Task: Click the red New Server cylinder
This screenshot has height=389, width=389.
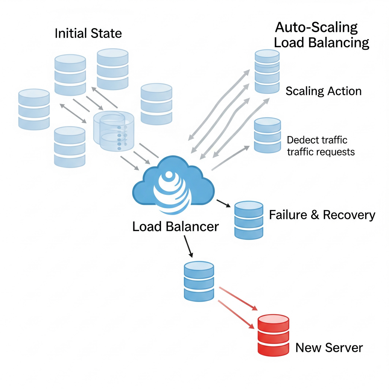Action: [273, 335]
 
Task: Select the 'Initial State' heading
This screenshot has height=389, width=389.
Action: [88, 33]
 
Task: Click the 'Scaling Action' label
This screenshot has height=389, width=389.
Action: [324, 91]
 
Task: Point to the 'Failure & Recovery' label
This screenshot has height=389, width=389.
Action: [322, 215]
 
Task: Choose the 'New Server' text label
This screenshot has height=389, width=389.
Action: [329, 348]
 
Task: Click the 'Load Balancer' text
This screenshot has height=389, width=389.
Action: [176, 226]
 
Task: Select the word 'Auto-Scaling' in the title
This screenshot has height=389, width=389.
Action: [316, 27]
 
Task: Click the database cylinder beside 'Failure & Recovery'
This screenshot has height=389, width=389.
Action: [249, 220]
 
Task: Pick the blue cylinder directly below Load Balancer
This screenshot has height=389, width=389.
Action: [199, 281]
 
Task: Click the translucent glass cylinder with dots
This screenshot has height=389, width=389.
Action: [114, 131]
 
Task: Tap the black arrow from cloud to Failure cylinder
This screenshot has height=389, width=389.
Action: [223, 203]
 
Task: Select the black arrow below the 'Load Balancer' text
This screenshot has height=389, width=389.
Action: [188, 246]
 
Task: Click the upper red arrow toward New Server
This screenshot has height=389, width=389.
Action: [239, 299]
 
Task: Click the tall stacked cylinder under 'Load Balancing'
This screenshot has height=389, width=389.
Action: [267, 71]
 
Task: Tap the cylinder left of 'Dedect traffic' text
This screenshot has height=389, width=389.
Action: [267, 135]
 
